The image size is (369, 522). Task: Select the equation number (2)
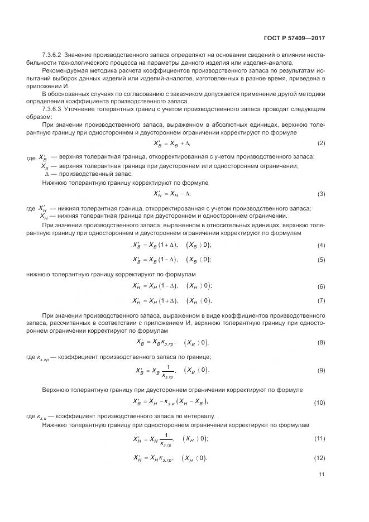click(321, 143)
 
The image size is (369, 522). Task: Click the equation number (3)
click(321, 194)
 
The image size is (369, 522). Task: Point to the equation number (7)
click(321, 301)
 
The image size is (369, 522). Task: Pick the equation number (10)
click(319, 402)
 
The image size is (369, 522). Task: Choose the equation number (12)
click(319, 458)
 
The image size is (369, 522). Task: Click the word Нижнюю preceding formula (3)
click(55, 183)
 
